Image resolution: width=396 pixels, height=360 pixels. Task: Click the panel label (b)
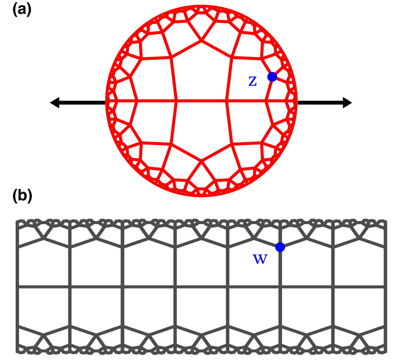(22, 196)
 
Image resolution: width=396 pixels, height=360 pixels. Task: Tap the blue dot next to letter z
(272, 77)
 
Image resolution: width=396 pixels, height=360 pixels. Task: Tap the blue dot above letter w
(280, 247)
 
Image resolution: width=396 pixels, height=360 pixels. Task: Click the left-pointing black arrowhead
(54, 103)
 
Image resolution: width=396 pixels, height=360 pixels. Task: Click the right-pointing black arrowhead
(347, 103)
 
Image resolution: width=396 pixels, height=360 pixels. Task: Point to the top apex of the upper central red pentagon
(201, 41)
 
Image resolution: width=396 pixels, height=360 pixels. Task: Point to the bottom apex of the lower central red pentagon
(201, 160)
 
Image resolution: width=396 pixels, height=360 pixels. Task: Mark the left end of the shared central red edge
(176, 101)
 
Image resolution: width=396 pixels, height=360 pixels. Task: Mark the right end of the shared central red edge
(226, 101)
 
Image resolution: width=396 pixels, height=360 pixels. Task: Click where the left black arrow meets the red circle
(106, 103)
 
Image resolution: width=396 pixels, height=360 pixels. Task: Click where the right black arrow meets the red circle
(297, 103)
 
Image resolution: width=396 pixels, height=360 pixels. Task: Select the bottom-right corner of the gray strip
(385, 352)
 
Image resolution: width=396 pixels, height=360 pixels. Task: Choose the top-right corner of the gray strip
(385, 221)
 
